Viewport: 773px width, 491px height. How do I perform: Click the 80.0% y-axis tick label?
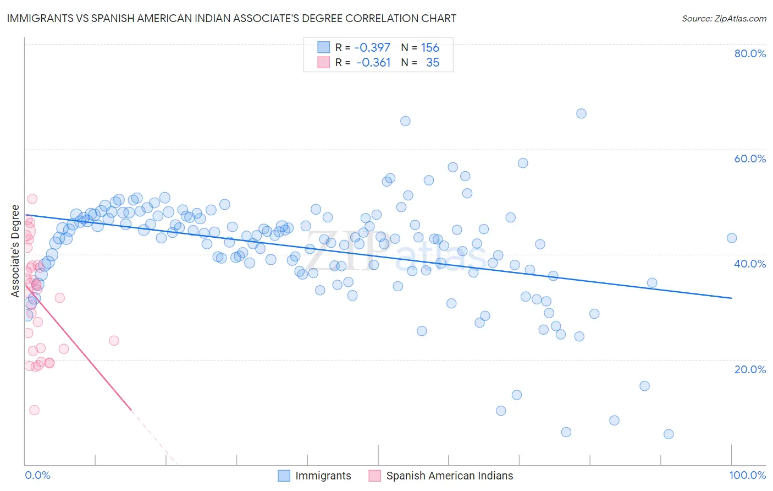(x=750, y=53)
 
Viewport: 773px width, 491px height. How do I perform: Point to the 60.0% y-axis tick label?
(x=750, y=159)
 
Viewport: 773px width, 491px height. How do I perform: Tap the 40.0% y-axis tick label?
(x=750, y=264)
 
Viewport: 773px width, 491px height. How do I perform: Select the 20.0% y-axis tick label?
(x=750, y=369)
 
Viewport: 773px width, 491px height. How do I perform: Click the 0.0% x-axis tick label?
(x=37, y=475)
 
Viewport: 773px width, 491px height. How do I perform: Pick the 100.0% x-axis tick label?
(x=747, y=475)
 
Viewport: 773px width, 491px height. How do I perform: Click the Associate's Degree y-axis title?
(x=15, y=251)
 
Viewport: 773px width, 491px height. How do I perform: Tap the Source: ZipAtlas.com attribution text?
(x=724, y=18)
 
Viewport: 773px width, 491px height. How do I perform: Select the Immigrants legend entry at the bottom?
(x=323, y=476)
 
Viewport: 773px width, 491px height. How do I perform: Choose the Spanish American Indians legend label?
(x=449, y=476)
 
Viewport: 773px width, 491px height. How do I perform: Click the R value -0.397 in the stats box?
(x=372, y=47)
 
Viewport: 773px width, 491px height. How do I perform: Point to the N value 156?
(x=430, y=47)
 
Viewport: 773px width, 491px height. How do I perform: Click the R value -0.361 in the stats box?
(x=373, y=62)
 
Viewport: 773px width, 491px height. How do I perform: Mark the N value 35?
(x=433, y=62)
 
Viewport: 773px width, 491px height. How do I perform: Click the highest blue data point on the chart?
(x=581, y=113)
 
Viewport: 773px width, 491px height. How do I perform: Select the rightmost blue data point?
(x=732, y=238)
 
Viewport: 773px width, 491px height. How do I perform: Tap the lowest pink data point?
(x=34, y=410)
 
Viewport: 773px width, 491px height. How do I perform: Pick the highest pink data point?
(x=32, y=199)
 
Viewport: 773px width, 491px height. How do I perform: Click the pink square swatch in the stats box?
(x=323, y=62)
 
